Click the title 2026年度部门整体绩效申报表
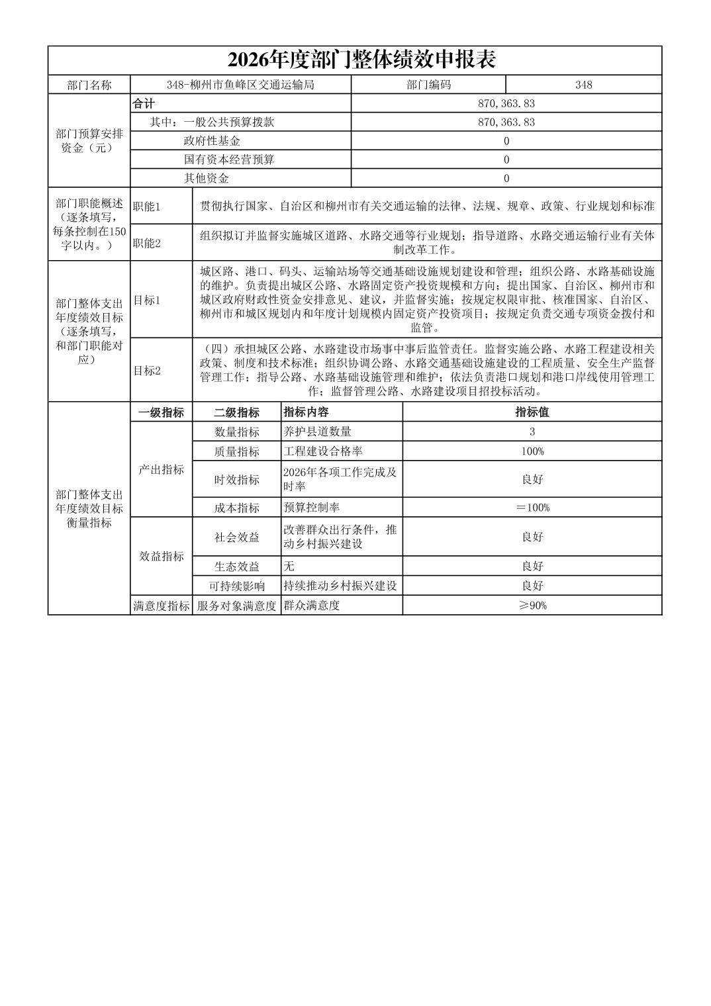click(x=361, y=60)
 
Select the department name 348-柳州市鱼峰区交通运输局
click(x=240, y=85)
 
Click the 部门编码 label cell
click(x=428, y=85)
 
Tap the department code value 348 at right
click(x=583, y=85)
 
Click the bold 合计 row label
click(x=144, y=104)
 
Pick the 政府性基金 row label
click(x=212, y=141)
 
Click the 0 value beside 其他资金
click(x=506, y=178)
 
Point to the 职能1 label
click(x=147, y=206)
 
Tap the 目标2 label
click(x=147, y=371)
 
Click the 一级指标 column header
click(x=161, y=412)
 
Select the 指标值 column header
click(x=532, y=412)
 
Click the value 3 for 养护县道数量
click(x=532, y=432)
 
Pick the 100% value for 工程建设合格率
click(x=532, y=451)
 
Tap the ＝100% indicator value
click(x=532, y=508)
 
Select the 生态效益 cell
click(x=236, y=567)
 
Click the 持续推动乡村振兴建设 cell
click(x=340, y=586)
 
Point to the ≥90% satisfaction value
click(x=532, y=606)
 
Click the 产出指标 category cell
click(x=161, y=470)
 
